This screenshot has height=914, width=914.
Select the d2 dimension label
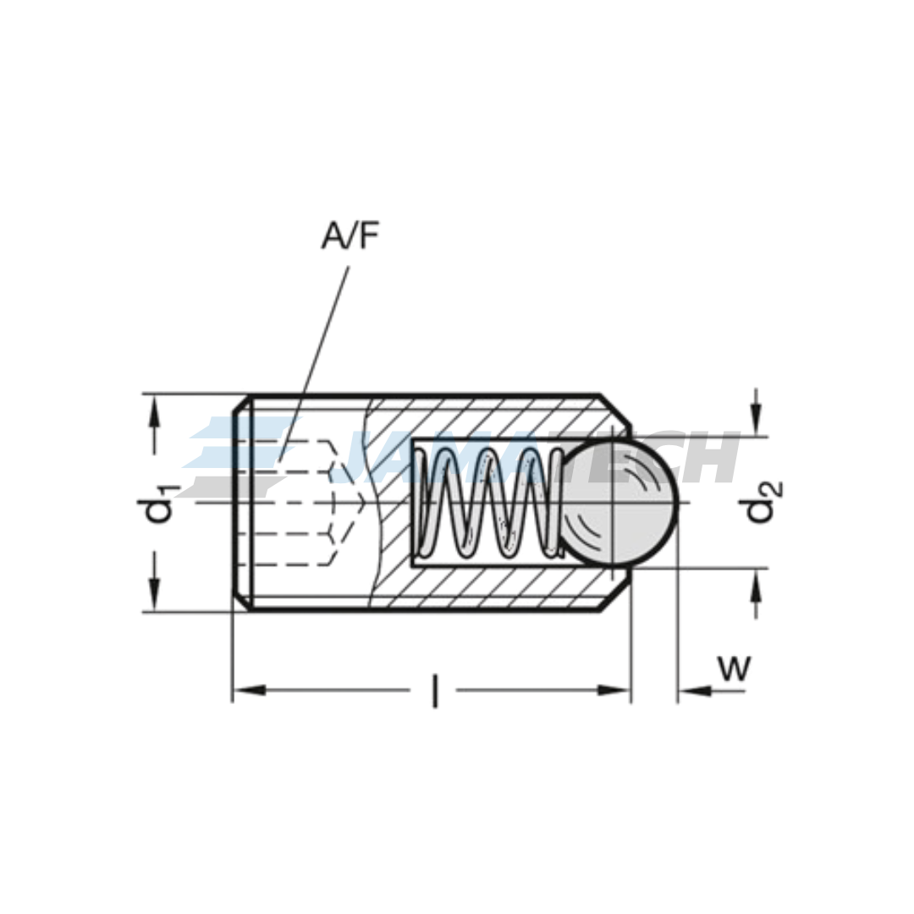pos(760,501)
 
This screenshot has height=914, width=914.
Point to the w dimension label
pos(734,668)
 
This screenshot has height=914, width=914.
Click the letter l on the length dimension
pos(434,691)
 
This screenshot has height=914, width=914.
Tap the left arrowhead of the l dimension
pos(247,691)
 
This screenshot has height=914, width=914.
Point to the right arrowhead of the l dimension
pos(615,691)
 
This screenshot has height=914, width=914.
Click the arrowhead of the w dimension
pos(692,691)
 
